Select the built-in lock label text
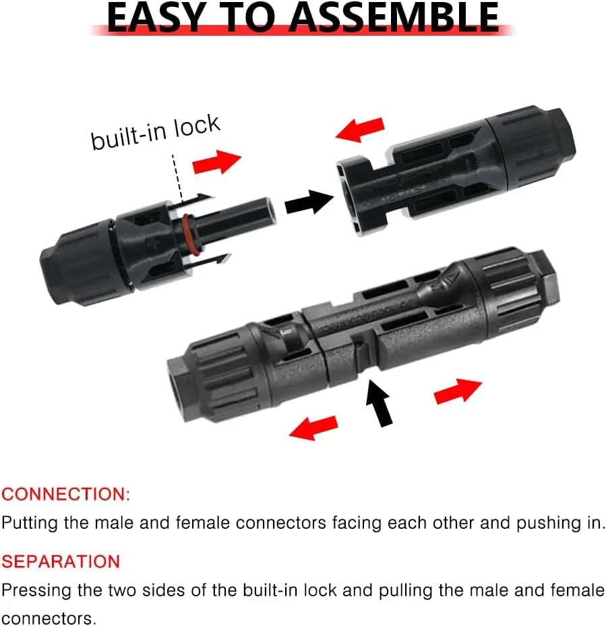pyautogui.click(x=156, y=132)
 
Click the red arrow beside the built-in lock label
pyautogui.click(x=216, y=162)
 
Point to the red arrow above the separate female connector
pyautogui.click(x=360, y=130)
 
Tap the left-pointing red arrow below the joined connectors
pyautogui.click(x=313, y=427)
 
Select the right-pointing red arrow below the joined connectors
pyautogui.click(x=458, y=391)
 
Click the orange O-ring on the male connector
pyautogui.click(x=189, y=235)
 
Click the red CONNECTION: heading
pyautogui.click(x=66, y=494)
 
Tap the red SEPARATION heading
pyautogui.click(x=61, y=562)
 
